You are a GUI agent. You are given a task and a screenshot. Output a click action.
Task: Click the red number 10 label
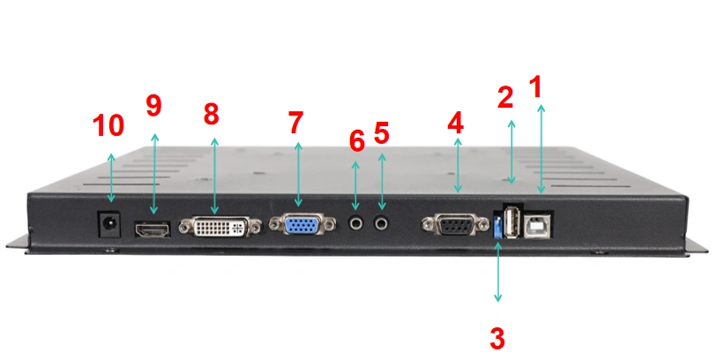108,125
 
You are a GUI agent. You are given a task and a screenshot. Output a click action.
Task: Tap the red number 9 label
154,106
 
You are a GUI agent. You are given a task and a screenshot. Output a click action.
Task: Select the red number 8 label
211,114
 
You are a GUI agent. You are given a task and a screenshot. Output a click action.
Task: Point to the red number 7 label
296,123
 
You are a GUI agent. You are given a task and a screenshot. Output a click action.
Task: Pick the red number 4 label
456,123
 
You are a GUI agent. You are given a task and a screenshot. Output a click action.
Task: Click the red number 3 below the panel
497,339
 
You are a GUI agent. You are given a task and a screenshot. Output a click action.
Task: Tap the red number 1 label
535,86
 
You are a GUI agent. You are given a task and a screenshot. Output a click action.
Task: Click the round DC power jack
109,224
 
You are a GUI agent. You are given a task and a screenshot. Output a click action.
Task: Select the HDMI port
152,229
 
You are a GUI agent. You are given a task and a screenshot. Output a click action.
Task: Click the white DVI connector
220,227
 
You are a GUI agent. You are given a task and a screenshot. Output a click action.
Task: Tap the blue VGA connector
302,225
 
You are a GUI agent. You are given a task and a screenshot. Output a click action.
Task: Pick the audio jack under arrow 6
355,224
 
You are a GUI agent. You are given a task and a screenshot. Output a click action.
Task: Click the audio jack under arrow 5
381,224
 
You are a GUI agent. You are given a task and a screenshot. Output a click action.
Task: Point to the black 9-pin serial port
455,225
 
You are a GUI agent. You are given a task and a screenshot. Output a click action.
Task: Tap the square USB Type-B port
538,226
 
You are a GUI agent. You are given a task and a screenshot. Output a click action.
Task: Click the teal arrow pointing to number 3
497,273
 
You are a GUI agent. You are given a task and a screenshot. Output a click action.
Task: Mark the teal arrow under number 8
214,176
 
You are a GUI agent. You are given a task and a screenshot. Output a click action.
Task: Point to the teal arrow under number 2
511,152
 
